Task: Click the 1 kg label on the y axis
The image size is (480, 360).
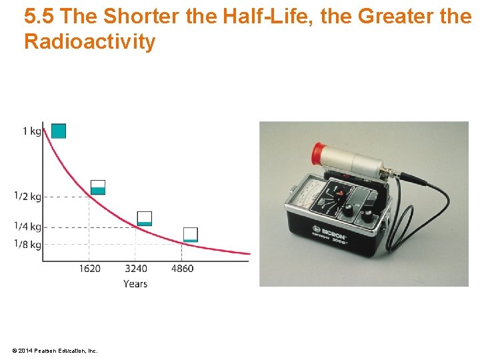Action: click(x=31, y=131)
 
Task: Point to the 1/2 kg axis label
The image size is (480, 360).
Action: click(x=27, y=196)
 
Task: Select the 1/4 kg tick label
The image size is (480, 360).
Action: click(x=27, y=227)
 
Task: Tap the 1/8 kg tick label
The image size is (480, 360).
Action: click(x=27, y=244)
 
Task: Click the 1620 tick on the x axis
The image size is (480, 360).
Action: click(x=89, y=269)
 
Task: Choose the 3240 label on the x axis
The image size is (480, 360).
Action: click(x=135, y=269)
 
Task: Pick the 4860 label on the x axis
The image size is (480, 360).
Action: click(x=182, y=269)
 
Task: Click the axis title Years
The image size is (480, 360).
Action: click(x=135, y=284)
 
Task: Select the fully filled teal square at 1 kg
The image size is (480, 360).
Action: click(x=59, y=131)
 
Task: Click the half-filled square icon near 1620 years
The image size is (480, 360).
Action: click(x=98, y=187)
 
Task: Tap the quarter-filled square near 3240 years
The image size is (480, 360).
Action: click(x=144, y=219)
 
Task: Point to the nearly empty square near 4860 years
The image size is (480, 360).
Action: click(x=191, y=235)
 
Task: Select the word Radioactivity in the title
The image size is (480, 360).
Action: click(x=89, y=42)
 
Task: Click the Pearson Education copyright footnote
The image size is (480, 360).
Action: click(x=55, y=350)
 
